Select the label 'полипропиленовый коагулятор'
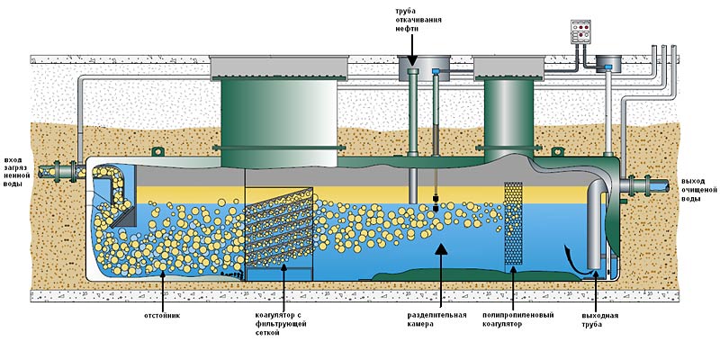click(x=514, y=320)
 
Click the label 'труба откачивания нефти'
click(x=411, y=19)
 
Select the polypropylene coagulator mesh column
click(x=514, y=223)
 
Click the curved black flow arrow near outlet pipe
click(x=570, y=256)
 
